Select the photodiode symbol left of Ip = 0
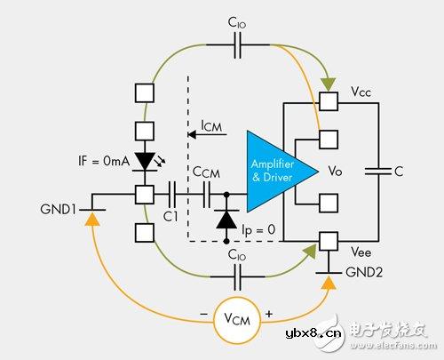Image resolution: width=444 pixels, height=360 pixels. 226,217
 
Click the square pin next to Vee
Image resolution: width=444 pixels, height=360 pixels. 330,240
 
